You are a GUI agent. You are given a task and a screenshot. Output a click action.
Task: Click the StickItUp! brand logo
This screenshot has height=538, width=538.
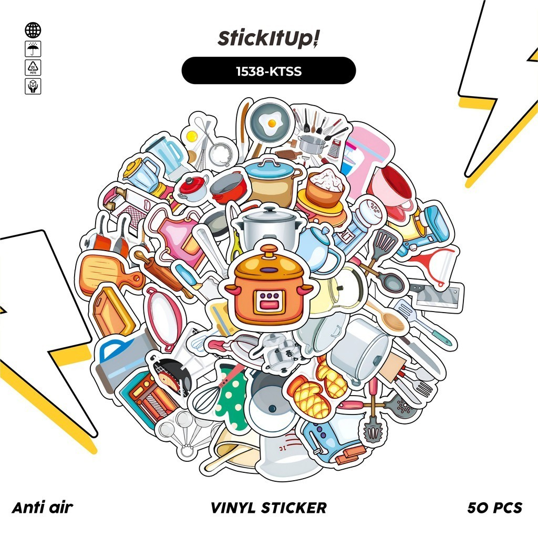[268, 38]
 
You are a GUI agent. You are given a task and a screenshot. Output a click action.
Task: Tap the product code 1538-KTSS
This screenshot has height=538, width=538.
[268, 70]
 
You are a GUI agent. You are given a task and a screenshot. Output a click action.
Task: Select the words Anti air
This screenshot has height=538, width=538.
[42, 508]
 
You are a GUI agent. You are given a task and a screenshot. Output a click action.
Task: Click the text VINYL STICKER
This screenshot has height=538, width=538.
[268, 508]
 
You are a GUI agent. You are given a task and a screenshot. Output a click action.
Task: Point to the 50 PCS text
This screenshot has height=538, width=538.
[494, 508]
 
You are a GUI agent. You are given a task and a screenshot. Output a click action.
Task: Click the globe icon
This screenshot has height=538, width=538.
[33, 30]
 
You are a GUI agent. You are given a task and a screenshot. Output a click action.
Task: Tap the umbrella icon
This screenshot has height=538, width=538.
[33, 49]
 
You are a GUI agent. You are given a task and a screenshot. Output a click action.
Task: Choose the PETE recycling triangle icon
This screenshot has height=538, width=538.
[33, 68]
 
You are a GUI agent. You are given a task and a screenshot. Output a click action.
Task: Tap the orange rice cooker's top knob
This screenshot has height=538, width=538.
[268, 251]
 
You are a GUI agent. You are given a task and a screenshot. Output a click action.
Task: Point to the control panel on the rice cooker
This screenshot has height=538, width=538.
[268, 303]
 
